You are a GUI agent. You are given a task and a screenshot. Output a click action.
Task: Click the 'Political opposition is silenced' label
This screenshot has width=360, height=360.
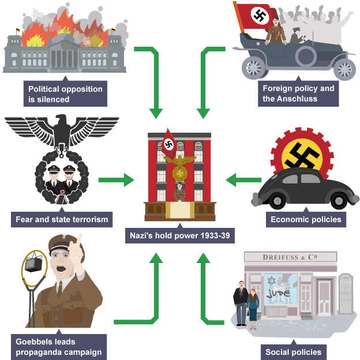(65, 94)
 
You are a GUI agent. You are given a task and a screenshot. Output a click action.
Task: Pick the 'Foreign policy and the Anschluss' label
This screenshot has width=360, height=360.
(298, 93)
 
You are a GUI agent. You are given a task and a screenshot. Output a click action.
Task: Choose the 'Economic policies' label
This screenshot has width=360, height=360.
(306, 219)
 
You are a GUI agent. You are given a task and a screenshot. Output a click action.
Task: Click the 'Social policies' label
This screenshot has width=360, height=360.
(293, 352)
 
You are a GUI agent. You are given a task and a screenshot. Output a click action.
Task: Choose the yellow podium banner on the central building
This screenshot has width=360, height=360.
(179, 210)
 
